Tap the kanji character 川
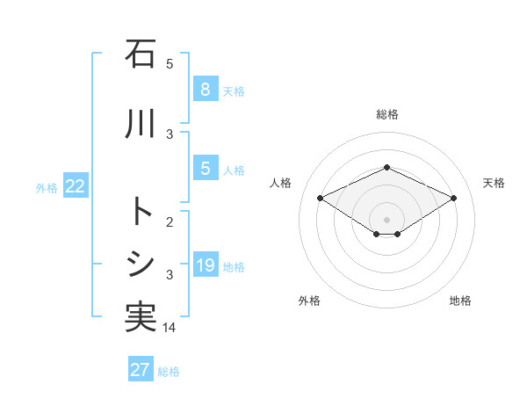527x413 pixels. [141, 125]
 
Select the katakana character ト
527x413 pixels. [141, 212]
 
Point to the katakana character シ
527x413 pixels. [141, 264]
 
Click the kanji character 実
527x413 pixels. [141, 317]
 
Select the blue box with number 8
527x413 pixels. [205, 89]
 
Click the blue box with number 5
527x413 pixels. [205, 169]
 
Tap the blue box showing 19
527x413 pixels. [205, 265]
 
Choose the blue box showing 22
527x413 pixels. [76, 186]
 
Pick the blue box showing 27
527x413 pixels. [141, 369]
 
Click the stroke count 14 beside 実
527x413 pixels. [170, 328]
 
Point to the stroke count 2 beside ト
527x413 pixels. [170, 222]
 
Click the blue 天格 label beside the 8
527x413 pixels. [234, 91]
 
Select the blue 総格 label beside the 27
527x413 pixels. [169, 372]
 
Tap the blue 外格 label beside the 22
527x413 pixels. [47, 188]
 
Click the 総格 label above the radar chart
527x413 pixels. [386, 114]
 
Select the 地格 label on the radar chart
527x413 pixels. [460, 301]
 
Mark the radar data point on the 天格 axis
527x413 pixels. [453, 198]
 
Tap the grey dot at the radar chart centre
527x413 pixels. [386, 219]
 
